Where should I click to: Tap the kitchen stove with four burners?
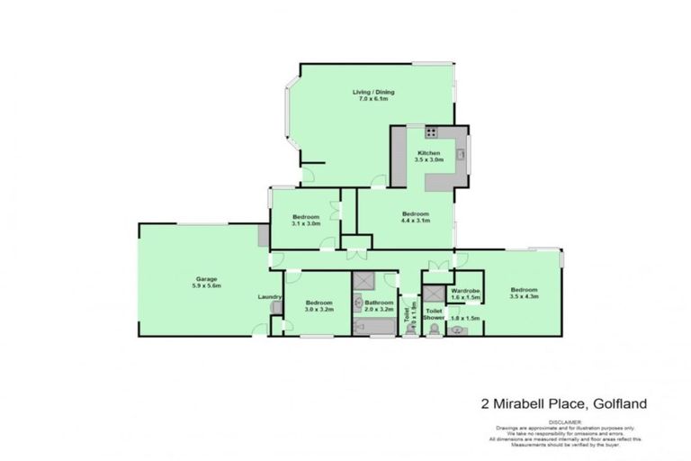pos(431,132)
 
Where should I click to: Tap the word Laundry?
pos(269,296)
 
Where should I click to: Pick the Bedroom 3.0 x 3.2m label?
pos(319,306)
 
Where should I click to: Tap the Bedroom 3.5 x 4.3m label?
pos(523,292)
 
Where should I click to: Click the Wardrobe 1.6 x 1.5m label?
pos(465,294)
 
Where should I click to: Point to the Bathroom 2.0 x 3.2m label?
pos(379,306)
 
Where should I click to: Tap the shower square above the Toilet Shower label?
pos(435,294)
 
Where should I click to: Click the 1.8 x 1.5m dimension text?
pos(464,319)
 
